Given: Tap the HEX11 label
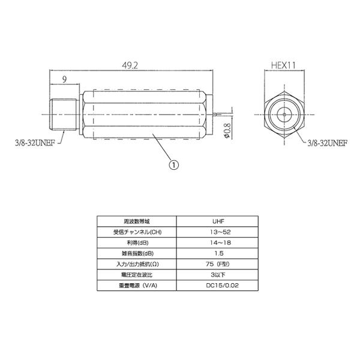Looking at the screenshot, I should (284, 65).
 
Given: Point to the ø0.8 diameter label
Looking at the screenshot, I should (227, 130).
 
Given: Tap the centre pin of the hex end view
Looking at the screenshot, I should (284, 113).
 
